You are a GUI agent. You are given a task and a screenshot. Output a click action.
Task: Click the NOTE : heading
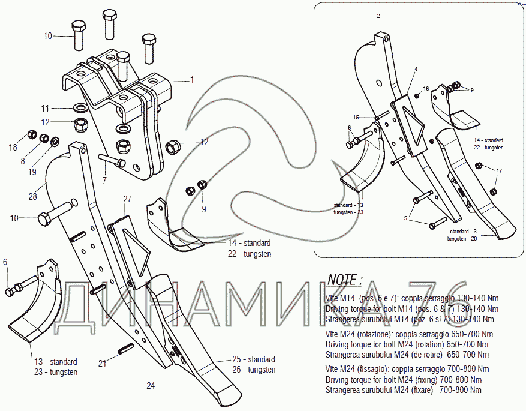coord(345,280)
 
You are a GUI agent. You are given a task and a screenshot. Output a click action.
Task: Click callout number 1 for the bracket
coord(192,80)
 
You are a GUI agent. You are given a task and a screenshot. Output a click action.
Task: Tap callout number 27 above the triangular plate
coord(127,199)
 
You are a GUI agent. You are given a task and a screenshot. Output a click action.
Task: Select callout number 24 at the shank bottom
coord(150,386)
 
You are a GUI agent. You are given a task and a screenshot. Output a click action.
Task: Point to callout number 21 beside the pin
coord(103,363)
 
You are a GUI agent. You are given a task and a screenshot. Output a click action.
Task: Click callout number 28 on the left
coord(32,196)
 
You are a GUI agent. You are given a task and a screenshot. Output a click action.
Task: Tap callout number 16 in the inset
coord(426,89)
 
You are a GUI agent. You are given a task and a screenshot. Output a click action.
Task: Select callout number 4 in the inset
coord(415,70)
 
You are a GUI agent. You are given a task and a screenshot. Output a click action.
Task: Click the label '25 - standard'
coord(253,359)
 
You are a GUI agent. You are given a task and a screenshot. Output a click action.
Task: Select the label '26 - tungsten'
coord(253,370)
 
